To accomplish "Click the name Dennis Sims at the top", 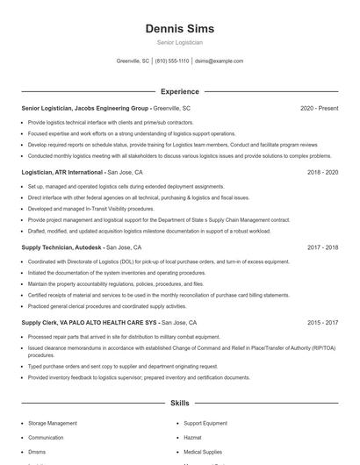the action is [179, 28].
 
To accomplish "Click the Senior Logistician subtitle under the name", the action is [179, 42].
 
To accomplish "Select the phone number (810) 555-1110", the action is [172, 61].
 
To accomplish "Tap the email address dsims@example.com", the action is [219, 61].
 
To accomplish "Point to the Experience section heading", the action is [179, 91].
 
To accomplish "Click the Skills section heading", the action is [179, 403].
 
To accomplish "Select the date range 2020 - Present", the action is [319, 108].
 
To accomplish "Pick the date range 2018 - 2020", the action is [322, 173].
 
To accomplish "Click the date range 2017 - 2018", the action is [322, 247].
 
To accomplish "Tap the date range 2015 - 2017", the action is [322, 323].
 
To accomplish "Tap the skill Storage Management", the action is [53, 423].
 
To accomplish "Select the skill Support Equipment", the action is [206, 423].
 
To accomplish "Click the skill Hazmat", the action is [193, 437].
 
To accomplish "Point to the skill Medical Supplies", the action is [204, 452].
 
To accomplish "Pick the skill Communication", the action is [46, 437].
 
